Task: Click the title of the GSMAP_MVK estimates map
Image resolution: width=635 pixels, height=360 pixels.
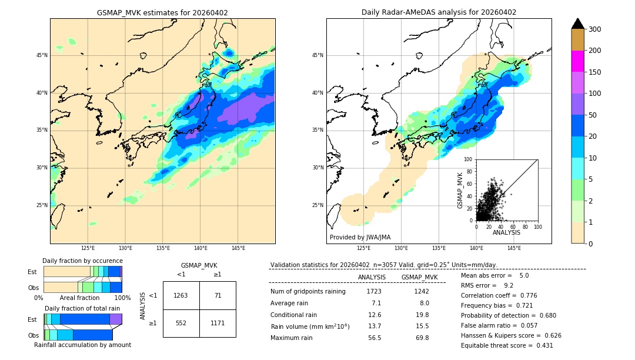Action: click(162, 12)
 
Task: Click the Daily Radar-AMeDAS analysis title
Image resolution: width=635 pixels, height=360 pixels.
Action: click(439, 12)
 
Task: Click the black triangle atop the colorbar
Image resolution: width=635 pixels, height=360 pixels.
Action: click(578, 24)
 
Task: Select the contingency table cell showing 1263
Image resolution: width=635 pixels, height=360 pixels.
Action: click(181, 295)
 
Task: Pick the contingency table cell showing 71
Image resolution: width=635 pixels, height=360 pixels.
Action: click(218, 295)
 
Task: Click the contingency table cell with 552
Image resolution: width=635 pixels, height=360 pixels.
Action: click(181, 323)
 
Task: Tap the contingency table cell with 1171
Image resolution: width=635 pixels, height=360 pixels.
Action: click(218, 323)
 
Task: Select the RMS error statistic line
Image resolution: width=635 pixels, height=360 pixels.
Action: click(487, 285)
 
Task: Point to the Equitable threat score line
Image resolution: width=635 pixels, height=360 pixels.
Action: click(507, 345)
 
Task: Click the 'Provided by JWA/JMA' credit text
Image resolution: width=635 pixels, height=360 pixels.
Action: click(360, 238)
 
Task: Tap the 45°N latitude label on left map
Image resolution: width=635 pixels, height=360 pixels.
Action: click(42, 55)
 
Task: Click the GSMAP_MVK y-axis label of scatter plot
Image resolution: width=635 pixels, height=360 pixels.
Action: click(461, 189)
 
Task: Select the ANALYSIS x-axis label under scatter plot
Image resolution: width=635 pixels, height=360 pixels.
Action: click(506, 232)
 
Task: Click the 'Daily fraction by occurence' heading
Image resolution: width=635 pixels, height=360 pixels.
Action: click(82, 261)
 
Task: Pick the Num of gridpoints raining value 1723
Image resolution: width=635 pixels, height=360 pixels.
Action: click(374, 291)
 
